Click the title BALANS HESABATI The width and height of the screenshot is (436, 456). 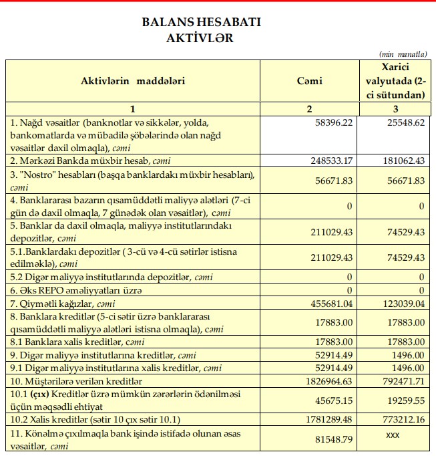coord(201,22)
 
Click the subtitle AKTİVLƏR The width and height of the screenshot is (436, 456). coord(200,37)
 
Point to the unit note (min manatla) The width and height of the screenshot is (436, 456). coord(402,53)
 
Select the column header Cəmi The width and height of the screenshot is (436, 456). coord(309,81)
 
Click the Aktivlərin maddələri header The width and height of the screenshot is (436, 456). coord(133,81)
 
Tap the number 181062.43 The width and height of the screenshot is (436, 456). coord(399,160)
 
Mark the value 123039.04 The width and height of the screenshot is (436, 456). coord(399,303)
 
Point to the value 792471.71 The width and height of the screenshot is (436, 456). coord(399,380)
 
